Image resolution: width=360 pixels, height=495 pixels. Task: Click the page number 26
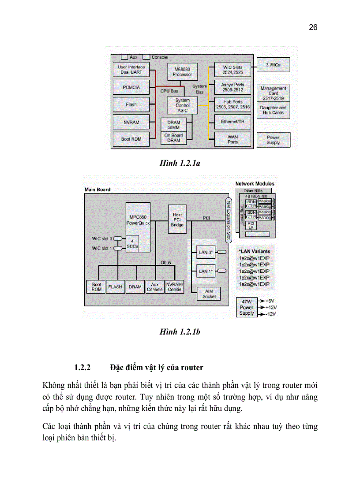[313, 27]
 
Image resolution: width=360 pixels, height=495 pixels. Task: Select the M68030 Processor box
[182, 72]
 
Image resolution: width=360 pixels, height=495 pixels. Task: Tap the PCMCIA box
[131, 87]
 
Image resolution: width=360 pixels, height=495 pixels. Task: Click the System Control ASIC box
[182, 105]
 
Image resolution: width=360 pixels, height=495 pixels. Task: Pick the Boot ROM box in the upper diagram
[131, 139]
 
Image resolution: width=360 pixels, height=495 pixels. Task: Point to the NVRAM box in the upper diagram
[131, 122]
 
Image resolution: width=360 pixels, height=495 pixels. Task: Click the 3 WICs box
[273, 65]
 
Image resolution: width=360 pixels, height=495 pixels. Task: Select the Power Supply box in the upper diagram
[273, 140]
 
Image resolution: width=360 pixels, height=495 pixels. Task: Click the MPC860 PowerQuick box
[138, 220]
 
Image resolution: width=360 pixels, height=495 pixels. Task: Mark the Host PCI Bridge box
[177, 219]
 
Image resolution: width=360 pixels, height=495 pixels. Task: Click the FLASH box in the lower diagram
[115, 287]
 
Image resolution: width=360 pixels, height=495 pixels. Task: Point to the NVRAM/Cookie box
[175, 287]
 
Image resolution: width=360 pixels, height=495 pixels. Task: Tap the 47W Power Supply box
[247, 307]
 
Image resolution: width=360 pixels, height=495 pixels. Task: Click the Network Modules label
[255, 183]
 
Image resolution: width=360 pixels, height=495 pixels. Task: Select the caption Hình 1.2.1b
[180, 332]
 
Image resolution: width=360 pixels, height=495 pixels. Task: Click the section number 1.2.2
[82, 367]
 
